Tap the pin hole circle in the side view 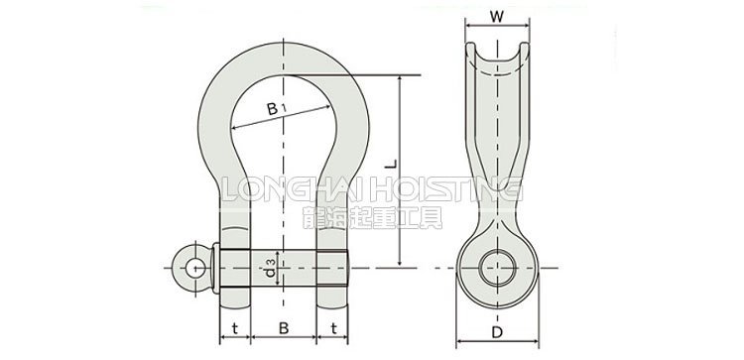[495, 265]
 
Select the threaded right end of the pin [334, 266]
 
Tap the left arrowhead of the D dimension [461, 339]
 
